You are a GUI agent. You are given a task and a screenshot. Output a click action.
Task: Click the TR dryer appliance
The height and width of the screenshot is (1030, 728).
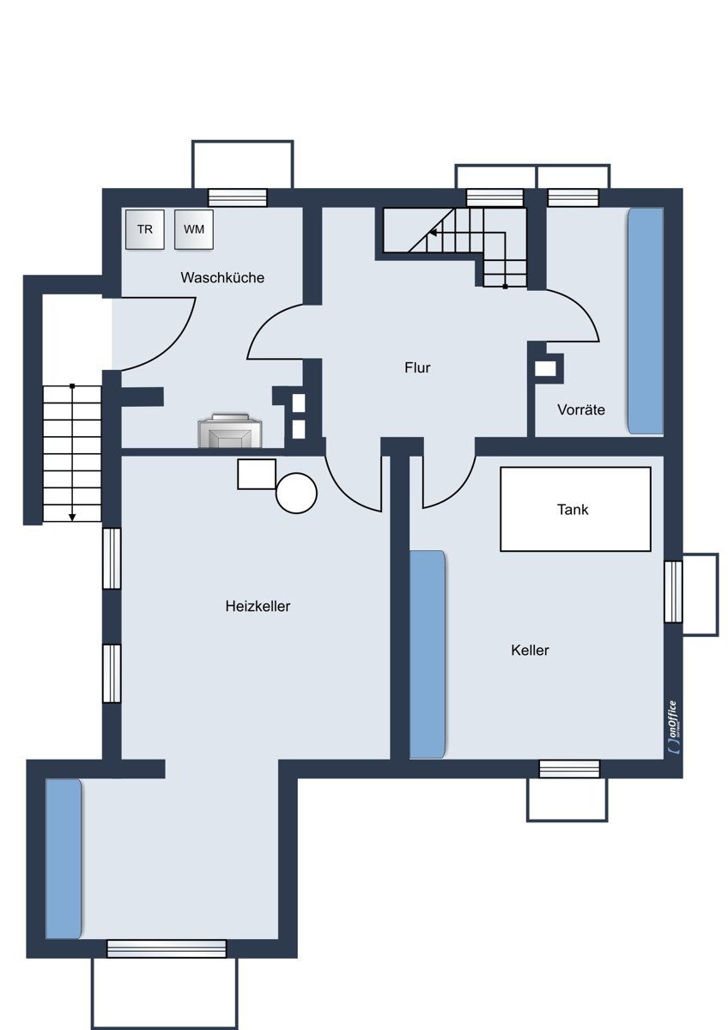pos(145,229)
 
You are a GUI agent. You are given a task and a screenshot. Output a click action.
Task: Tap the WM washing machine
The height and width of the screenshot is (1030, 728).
pos(194,229)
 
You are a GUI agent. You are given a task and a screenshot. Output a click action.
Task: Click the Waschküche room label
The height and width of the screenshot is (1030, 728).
pos(222,278)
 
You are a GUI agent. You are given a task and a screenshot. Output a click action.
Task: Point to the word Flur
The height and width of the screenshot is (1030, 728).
pos(417,367)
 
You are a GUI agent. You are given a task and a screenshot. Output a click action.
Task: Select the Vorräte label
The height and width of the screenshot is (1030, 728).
pos(581,409)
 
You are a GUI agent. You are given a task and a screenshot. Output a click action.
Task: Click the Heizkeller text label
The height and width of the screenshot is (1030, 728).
pos(258,606)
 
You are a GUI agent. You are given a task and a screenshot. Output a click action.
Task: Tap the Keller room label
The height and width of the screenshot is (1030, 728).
pos(530,651)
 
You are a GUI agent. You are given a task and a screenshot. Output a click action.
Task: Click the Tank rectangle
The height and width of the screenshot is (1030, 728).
pos(575,509)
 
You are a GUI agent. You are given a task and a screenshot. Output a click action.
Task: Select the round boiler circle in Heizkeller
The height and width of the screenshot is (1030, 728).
pos(297,493)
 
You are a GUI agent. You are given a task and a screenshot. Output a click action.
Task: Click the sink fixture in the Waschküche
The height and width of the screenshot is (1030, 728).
pos(230,430)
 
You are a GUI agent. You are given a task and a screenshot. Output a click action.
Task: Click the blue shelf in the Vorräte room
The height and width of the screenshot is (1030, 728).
pos(646,321)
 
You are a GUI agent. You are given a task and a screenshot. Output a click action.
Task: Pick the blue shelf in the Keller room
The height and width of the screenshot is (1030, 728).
pos(428,654)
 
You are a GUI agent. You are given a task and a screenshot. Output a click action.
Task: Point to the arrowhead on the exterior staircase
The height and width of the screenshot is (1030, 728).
pos(72,518)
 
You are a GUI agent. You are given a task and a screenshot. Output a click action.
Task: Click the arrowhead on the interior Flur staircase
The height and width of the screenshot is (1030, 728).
pos(433,233)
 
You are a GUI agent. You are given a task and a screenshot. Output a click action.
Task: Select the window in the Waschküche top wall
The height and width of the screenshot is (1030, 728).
pos(238,197)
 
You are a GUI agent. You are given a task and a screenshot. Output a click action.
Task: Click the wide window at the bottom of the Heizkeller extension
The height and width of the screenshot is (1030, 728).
pos(167,948)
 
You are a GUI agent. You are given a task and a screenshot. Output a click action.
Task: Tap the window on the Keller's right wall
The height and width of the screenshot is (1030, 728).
pos(673,592)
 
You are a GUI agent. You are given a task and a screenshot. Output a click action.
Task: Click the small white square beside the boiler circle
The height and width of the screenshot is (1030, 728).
pos(257,474)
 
